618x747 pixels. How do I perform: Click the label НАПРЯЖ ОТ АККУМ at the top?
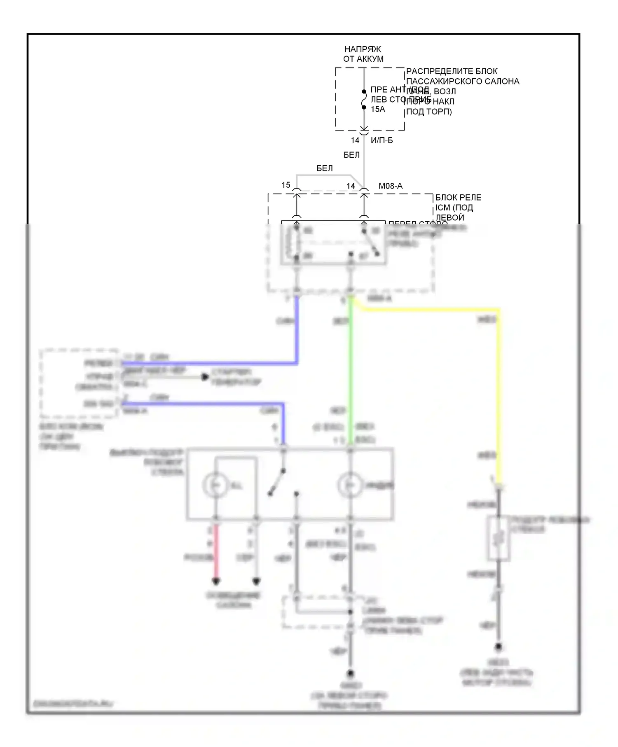[363, 54]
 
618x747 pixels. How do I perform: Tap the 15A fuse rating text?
[378, 109]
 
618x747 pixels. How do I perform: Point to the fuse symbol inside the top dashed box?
[364, 100]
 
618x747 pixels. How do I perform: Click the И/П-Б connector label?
[382, 140]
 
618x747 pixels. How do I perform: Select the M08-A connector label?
[390, 186]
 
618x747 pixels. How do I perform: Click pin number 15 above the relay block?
[286, 185]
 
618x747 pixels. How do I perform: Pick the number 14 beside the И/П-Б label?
[355, 140]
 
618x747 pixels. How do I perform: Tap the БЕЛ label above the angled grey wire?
[324, 168]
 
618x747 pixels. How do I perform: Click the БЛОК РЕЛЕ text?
[458, 198]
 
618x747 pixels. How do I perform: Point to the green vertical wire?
[350, 371]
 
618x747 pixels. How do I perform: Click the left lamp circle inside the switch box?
[215, 485]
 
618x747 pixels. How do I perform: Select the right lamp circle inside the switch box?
[350, 485]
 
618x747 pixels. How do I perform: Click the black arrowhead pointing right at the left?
[205, 377]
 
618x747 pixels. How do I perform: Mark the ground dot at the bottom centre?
[350, 674]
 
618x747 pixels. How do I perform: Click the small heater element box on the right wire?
[499, 538]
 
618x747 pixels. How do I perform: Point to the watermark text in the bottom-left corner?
[73, 704]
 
